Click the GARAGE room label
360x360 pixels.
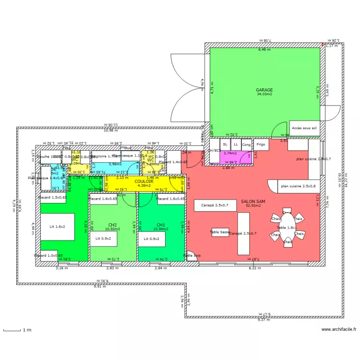tap(264, 90)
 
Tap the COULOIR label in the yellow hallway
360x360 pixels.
tap(144, 181)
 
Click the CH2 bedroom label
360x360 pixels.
tap(113, 225)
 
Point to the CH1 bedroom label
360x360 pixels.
tap(161, 225)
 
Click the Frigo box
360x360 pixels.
tap(261, 144)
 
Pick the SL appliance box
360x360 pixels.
tap(225, 144)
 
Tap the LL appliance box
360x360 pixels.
tap(235, 144)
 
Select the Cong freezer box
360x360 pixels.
tap(246, 144)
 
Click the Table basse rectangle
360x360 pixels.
tap(220, 232)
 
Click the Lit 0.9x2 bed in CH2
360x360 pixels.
tap(103, 239)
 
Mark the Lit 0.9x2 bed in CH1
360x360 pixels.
tap(152, 239)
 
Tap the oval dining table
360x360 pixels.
tap(287, 228)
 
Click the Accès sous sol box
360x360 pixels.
tap(304, 129)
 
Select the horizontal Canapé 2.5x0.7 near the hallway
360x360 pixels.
tap(215, 205)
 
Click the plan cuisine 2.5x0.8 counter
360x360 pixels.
tap(298, 186)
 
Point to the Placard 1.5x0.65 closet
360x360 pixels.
tap(52, 198)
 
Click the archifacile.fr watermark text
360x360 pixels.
tap(339, 330)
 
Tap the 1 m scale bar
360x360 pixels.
tap(12, 330)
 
